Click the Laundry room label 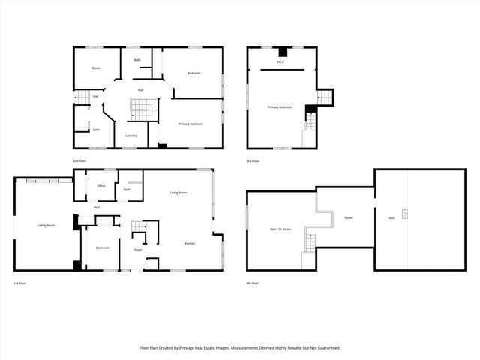130,136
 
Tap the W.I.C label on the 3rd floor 280,62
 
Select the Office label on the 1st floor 100,186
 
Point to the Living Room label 178,193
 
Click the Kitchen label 190,243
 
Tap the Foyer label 138,249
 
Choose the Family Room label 46,225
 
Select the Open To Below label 280,229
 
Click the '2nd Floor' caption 79,161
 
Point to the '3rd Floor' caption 253,161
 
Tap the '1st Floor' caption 20,283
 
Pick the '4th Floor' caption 253,283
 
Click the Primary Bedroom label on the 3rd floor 280,107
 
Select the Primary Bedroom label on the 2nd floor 190,124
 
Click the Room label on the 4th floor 349,217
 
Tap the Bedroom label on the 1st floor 102,247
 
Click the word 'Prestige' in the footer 199,348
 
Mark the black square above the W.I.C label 281,52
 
